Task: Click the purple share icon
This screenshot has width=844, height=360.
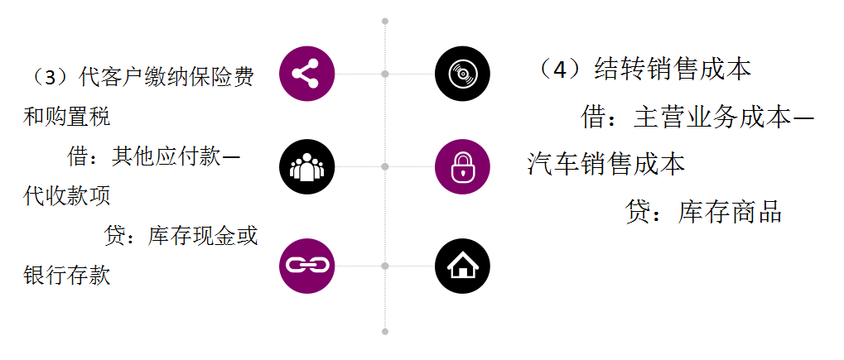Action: [x=306, y=74]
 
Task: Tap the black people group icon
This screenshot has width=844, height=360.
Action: [x=306, y=167]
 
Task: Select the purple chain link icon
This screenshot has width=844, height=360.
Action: [x=306, y=266]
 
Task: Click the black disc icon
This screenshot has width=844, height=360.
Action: [x=462, y=74]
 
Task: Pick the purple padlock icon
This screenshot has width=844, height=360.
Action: [x=462, y=167]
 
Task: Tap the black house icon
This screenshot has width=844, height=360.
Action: [x=462, y=266]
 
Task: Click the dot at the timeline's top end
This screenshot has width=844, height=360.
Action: [x=385, y=21]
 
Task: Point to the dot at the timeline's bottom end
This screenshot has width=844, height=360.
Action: [x=385, y=331]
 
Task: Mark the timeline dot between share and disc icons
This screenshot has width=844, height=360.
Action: [x=385, y=74]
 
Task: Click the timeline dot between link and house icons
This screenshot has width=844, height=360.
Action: [x=385, y=266]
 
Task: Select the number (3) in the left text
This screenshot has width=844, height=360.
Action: [x=49, y=78]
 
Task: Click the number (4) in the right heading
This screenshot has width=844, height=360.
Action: [x=560, y=69]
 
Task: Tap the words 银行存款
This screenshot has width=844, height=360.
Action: [x=67, y=275]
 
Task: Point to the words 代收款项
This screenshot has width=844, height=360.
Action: [x=67, y=196]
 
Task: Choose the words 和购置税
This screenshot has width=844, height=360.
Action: [x=67, y=118]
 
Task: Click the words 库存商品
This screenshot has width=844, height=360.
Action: [x=730, y=212]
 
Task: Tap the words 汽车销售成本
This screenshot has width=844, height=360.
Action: [x=607, y=164]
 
